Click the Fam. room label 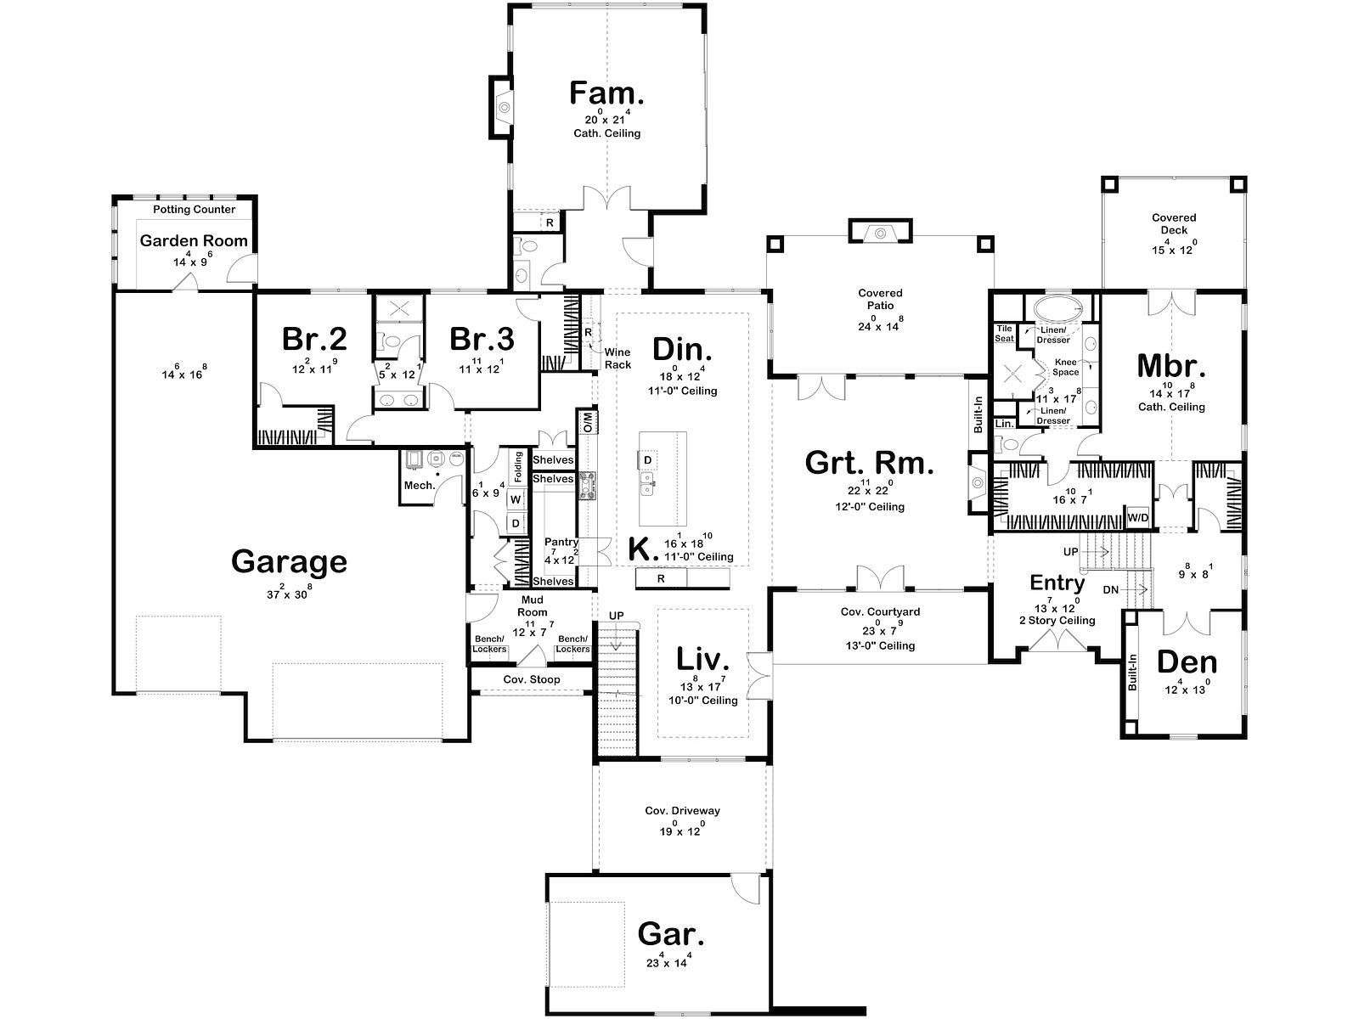click(x=606, y=93)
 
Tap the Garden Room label click(x=194, y=240)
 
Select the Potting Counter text click(x=195, y=209)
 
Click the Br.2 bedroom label click(x=314, y=339)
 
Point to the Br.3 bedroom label click(x=482, y=339)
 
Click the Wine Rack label click(x=617, y=358)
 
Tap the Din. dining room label click(x=682, y=350)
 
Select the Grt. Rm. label click(x=869, y=463)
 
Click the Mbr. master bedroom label click(x=1171, y=366)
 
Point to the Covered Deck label click(x=1174, y=223)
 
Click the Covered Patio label click(x=880, y=299)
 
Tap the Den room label click(x=1187, y=662)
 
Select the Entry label click(x=1057, y=583)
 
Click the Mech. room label click(x=420, y=485)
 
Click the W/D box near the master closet click(x=1138, y=517)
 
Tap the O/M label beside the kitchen click(x=587, y=422)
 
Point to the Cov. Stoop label click(x=531, y=679)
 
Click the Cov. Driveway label click(x=682, y=810)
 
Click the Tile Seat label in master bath click(x=1004, y=334)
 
